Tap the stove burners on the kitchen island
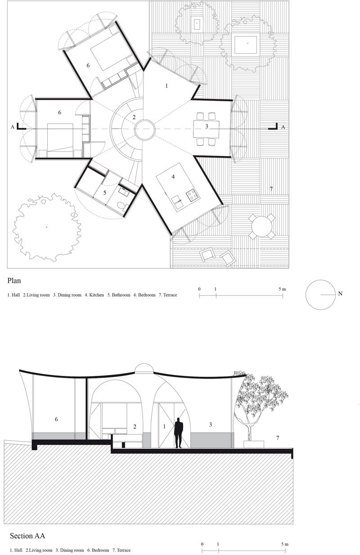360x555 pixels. tap(193, 195)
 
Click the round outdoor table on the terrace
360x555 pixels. tap(262, 226)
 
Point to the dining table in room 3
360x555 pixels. tap(207, 129)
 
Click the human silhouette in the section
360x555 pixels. tap(178, 433)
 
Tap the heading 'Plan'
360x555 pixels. tap(14, 281)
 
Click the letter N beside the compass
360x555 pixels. tap(340, 293)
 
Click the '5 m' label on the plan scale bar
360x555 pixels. tap(282, 289)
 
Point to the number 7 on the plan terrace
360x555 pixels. tap(271, 189)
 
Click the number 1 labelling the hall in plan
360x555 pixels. tap(166, 86)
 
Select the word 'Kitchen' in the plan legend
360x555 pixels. tap(97, 295)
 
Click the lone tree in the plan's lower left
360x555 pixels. tap(47, 227)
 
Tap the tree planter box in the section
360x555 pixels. tap(254, 444)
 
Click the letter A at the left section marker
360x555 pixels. tap(13, 127)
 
